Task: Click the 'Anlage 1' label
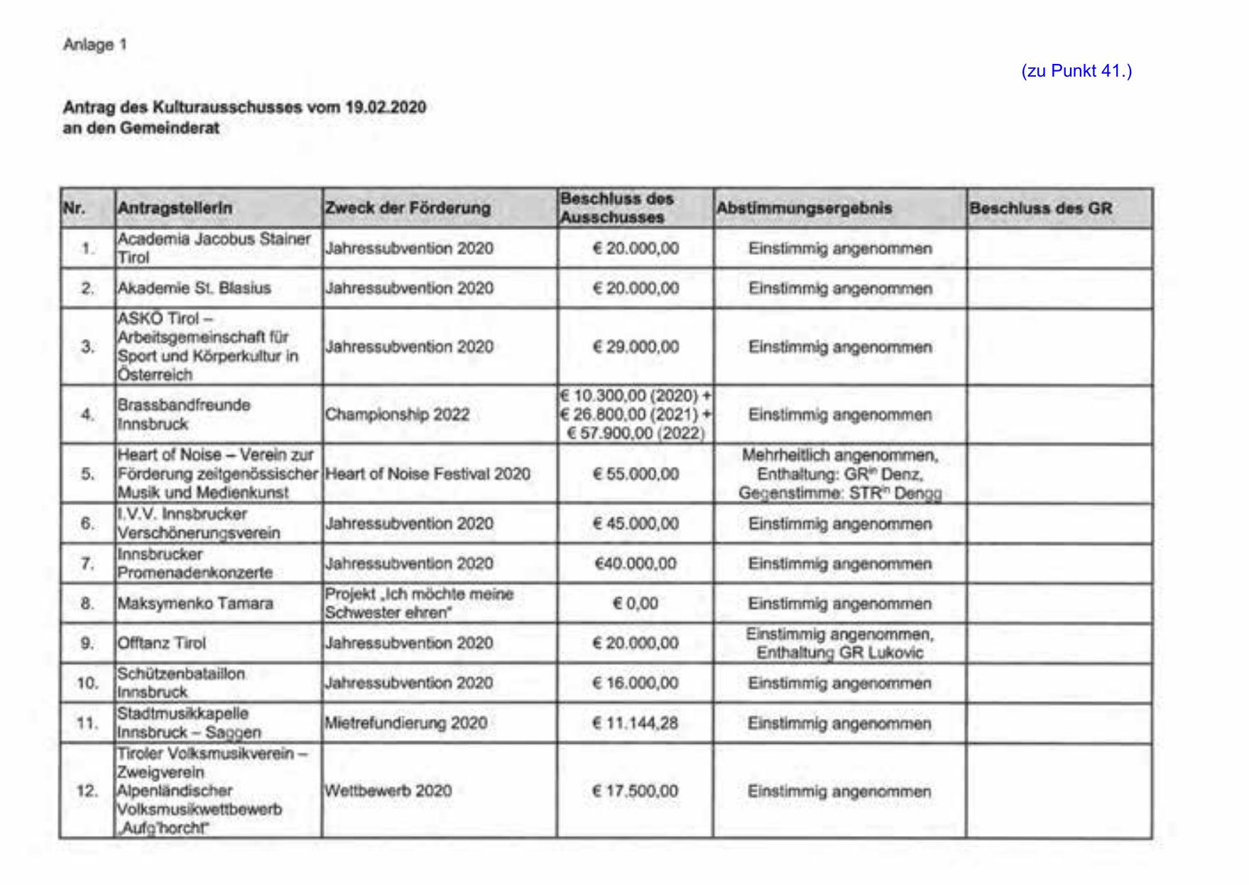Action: click(94, 45)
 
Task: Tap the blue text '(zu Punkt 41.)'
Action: click(1076, 71)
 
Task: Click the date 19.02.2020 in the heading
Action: click(386, 107)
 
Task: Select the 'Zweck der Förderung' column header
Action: click(408, 208)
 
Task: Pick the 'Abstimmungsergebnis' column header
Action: click(804, 208)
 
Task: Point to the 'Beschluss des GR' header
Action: click(1040, 208)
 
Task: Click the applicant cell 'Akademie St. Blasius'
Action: click(194, 288)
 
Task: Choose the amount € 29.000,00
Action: click(636, 347)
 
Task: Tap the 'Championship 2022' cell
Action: click(397, 414)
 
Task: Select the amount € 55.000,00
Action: click(636, 474)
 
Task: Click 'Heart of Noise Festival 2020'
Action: click(427, 474)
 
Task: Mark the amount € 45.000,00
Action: click(636, 524)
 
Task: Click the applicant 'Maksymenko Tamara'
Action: click(195, 604)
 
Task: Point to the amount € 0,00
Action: click(636, 604)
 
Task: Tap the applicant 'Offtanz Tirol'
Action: click(162, 643)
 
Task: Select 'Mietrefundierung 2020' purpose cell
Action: click(405, 723)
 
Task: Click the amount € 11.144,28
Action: click(636, 723)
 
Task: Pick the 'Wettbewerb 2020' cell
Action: click(388, 791)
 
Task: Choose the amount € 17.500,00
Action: click(636, 791)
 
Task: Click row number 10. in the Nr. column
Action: click(87, 683)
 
